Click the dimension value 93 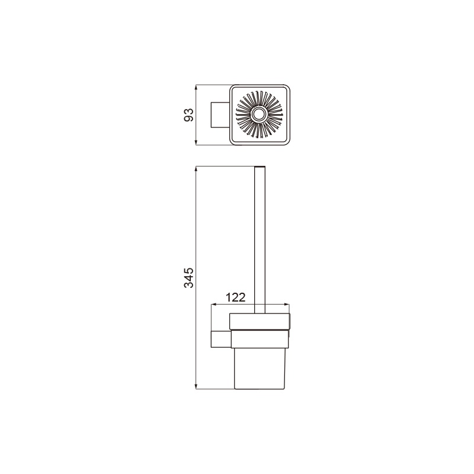tap(188, 115)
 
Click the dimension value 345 tap(188, 277)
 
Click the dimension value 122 tap(236, 297)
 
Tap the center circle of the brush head tap(258, 114)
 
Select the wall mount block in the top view tap(220, 115)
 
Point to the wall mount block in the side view tap(221, 339)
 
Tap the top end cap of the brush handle tap(260, 167)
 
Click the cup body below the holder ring tap(260, 369)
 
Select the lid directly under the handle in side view tap(260, 321)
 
